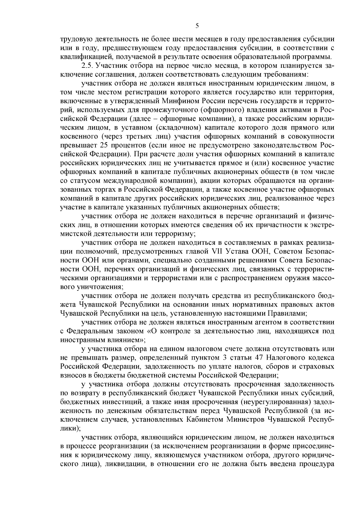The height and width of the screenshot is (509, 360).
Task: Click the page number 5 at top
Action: coord(197,26)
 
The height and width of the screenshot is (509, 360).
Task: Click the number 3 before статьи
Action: coord(226,358)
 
